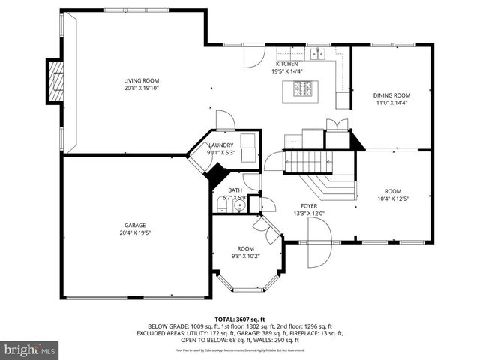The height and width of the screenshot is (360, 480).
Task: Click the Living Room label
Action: pyautogui.click(x=141, y=80)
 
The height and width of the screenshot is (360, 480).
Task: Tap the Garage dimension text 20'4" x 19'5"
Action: pyautogui.click(x=135, y=232)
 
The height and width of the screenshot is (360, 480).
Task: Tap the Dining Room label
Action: pyautogui.click(x=392, y=95)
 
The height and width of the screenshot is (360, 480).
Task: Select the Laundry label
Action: pyautogui.click(x=220, y=145)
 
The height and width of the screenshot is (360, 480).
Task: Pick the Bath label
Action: pyautogui.click(x=235, y=190)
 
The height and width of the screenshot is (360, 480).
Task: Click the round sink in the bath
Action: pyautogui.click(x=239, y=205)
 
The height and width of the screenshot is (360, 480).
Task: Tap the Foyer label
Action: pyautogui.click(x=309, y=205)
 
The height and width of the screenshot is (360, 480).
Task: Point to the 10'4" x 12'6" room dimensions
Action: pyautogui.click(x=393, y=199)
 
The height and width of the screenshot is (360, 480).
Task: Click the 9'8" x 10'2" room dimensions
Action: pyautogui.click(x=245, y=256)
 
